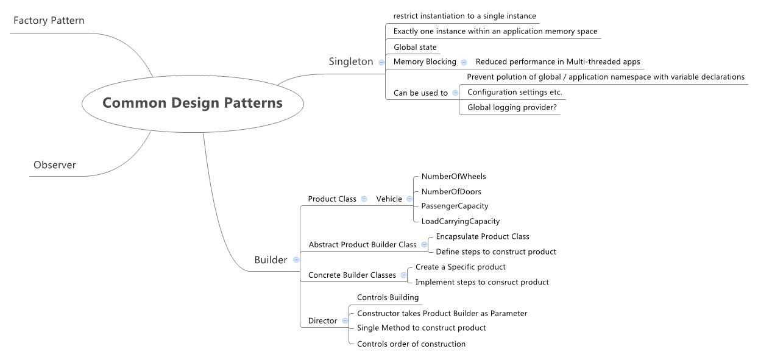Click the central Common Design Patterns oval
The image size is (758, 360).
(193, 103)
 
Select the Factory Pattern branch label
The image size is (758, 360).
(49, 21)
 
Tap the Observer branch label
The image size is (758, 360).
(55, 165)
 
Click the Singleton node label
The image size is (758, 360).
(351, 62)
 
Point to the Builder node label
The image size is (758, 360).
(271, 260)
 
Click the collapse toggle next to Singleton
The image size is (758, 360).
(381, 62)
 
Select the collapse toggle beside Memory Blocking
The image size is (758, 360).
(464, 62)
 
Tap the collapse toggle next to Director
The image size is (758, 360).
(345, 321)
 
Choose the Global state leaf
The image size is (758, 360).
(415, 48)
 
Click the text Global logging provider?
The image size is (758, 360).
(512, 107)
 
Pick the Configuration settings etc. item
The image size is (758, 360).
(514, 93)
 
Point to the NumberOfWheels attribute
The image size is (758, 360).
(453, 177)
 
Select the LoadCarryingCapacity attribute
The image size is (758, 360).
(460, 221)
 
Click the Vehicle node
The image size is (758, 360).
(389, 199)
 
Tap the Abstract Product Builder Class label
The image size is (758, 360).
(363, 245)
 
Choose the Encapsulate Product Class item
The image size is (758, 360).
(483, 236)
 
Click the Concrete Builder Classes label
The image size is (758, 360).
(352, 275)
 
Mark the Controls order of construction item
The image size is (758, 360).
(411, 344)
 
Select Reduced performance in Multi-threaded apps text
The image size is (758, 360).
(558, 62)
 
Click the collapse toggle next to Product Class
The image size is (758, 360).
(364, 199)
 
